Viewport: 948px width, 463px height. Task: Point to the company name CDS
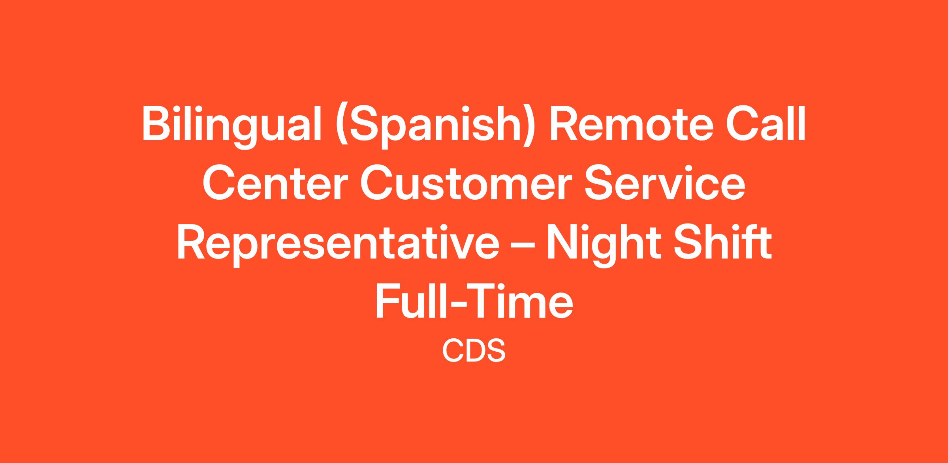tap(474, 351)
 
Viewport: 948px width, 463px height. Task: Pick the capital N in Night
tap(562, 242)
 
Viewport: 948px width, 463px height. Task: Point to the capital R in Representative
tap(192, 242)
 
